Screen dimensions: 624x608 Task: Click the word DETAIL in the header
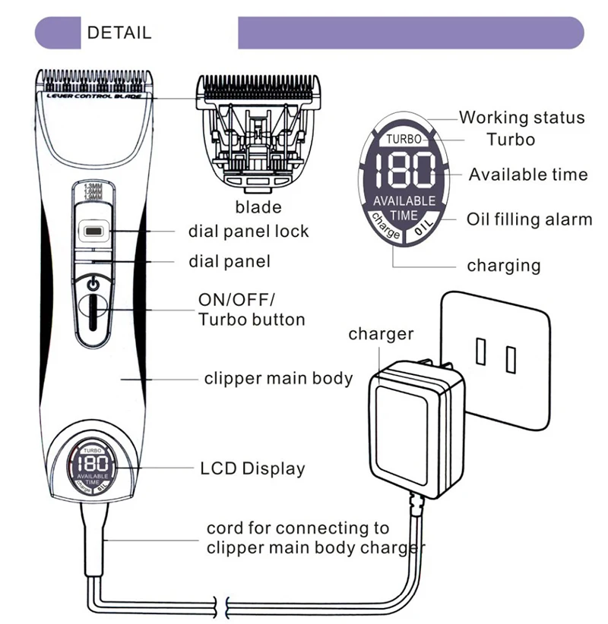[x=119, y=33]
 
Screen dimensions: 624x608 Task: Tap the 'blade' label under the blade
[x=258, y=207]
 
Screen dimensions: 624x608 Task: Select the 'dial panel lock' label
[x=249, y=231]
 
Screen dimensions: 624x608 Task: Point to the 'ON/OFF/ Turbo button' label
[x=251, y=309]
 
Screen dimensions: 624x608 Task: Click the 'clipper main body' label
[x=278, y=378]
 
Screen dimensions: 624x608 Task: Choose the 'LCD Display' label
[x=252, y=468]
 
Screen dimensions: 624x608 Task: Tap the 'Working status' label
[x=521, y=118]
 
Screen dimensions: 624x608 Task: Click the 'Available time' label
[x=527, y=175]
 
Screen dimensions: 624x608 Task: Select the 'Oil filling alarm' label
[x=529, y=220]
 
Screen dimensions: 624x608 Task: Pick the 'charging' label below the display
[x=503, y=266]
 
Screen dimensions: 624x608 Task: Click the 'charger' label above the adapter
[x=381, y=334]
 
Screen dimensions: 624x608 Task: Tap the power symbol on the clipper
[x=93, y=284]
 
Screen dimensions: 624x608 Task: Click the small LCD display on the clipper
[x=93, y=471]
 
